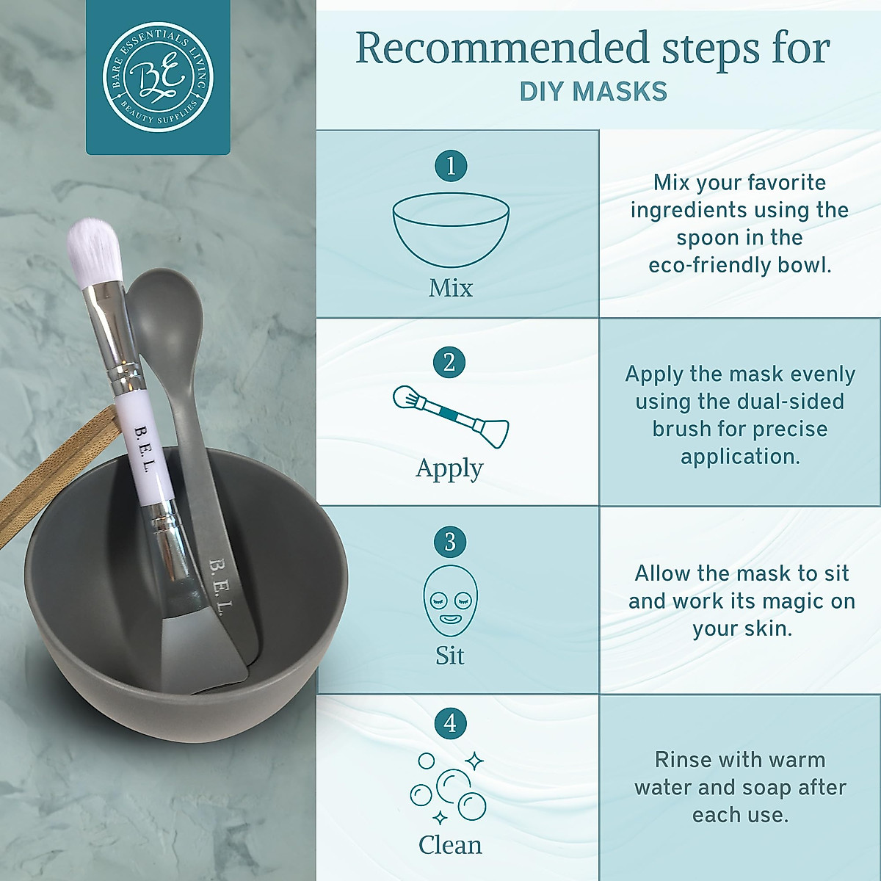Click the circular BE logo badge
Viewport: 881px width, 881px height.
(158, 76)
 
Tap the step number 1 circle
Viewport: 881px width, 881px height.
(451, 165)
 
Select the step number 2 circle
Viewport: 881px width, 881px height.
(449, 362)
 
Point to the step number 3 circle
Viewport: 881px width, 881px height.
(450, 542)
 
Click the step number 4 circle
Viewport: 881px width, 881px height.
(450, 723)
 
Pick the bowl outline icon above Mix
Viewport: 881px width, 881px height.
(451, 229)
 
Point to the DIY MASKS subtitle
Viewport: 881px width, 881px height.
(593, 92)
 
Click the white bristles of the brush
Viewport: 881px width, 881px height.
(95, 249)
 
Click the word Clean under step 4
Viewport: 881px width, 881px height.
(450, 845)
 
